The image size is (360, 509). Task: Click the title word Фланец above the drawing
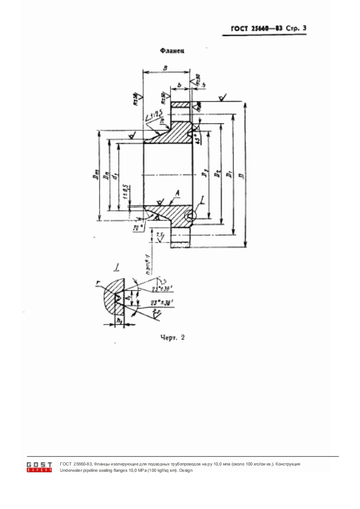tap(172, 52)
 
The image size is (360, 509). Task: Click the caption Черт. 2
tap(173, 337)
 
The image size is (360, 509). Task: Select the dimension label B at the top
tap(166, 67)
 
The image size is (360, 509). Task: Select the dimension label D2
tap(218, 174)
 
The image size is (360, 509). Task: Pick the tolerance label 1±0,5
tap(124, 192)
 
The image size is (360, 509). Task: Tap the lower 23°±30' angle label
tap(152, 303)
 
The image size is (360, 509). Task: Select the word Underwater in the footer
tap(70, 470)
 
